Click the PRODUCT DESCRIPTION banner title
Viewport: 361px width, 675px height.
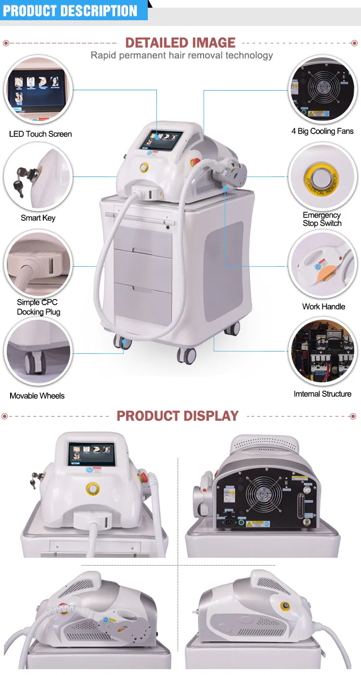(x=70, y=11)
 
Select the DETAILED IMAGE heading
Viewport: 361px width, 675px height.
(x=180, y=42)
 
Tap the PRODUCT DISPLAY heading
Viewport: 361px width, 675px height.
(x=178, y=416)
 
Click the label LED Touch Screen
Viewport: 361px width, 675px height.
(x=40, y=134)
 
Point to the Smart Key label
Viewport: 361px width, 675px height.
(x=38, y=218)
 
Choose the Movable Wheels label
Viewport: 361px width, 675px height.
(x=37, y=396)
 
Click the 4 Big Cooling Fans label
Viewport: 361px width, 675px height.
(x=322, y=131)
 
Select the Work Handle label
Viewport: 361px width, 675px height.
(x=323, y=307)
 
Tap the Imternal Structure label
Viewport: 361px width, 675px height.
(x=322, y=394)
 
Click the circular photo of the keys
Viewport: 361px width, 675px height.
(x=38, y=176)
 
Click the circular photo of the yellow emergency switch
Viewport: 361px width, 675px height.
(x=322, y=176)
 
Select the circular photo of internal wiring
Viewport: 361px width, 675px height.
(x=322, y=352)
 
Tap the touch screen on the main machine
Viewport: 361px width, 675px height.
(x=160, y=140)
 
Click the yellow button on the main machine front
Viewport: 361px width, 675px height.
(x=143, y=167)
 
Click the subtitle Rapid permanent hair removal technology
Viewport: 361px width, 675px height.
(x=182, y=55)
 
